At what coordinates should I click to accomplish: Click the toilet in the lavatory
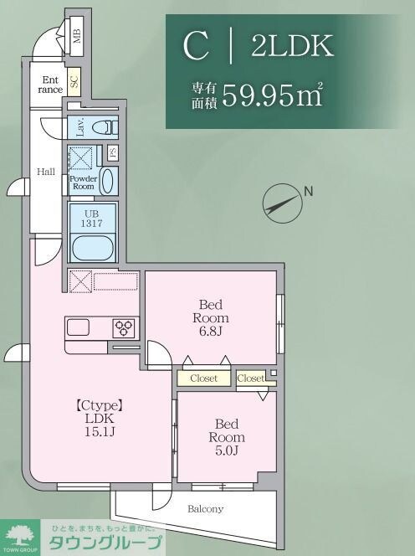103,127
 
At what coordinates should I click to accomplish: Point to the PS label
111,153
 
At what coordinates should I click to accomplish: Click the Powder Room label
84,183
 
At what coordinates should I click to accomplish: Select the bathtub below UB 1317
90,248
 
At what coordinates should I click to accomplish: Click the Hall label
45,172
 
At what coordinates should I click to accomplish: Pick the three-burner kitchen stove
124,327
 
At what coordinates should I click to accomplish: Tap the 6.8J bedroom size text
209,332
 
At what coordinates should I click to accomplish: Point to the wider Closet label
203,378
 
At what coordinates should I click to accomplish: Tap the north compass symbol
281,201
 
